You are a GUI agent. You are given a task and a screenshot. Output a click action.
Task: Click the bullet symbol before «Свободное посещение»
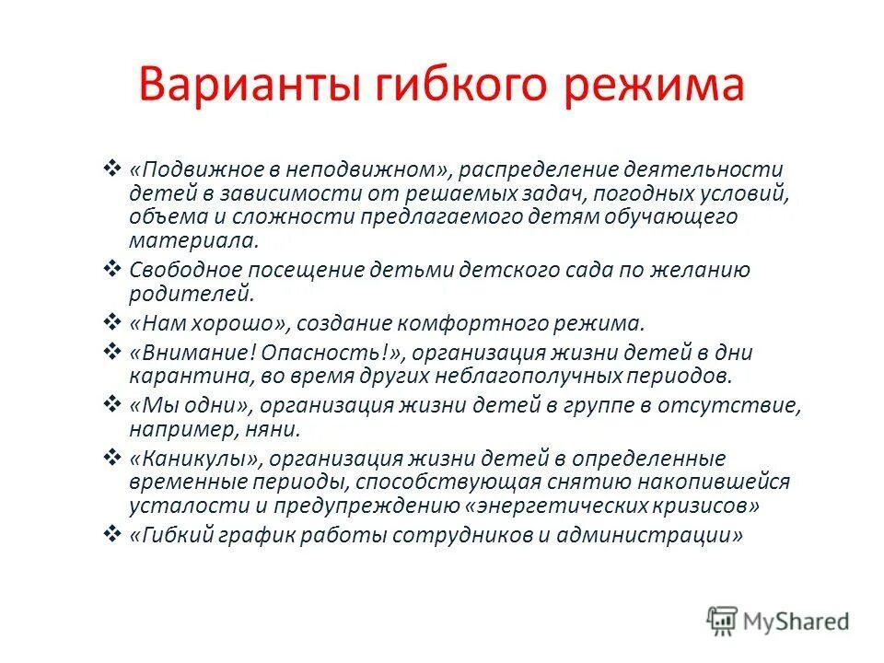[112, 268]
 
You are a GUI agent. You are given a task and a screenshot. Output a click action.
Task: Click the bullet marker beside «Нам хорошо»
[112, 322]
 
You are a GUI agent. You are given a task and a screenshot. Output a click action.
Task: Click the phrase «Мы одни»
[191, 405]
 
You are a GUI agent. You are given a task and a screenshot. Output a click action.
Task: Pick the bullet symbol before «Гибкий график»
[112, 534]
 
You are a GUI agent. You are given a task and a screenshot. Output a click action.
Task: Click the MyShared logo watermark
[778, 621]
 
